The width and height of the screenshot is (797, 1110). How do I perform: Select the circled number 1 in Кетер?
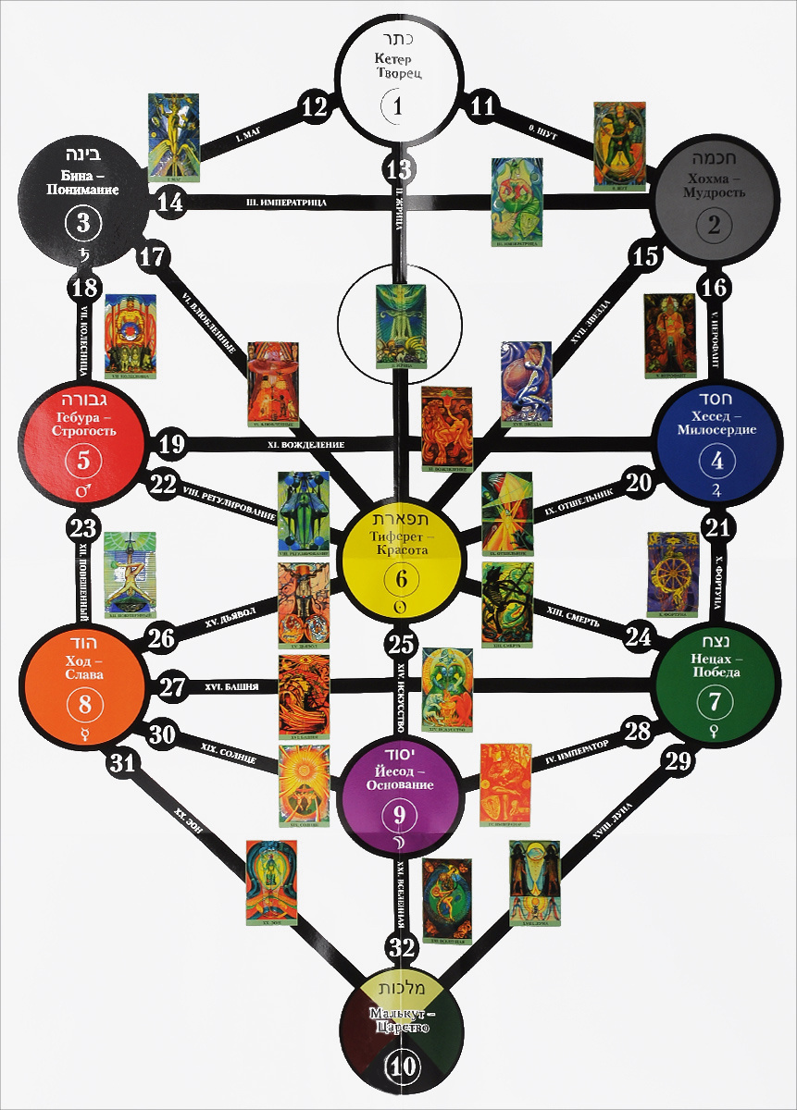(398, 105)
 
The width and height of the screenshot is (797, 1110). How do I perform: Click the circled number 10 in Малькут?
(403, 1065)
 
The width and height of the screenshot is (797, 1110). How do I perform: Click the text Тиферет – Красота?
(399, 542)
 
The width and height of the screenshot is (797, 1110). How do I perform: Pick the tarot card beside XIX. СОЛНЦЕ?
(303, 784)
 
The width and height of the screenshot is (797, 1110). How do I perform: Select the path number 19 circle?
(171, 443)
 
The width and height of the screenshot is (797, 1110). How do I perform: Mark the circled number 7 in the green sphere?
(714, 701)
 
